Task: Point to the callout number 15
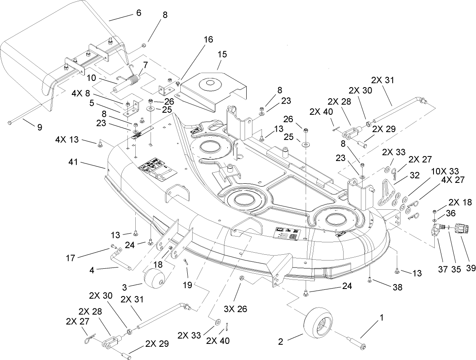[223, 54]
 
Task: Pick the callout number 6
[138, 13]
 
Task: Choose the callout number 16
[208, 40]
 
